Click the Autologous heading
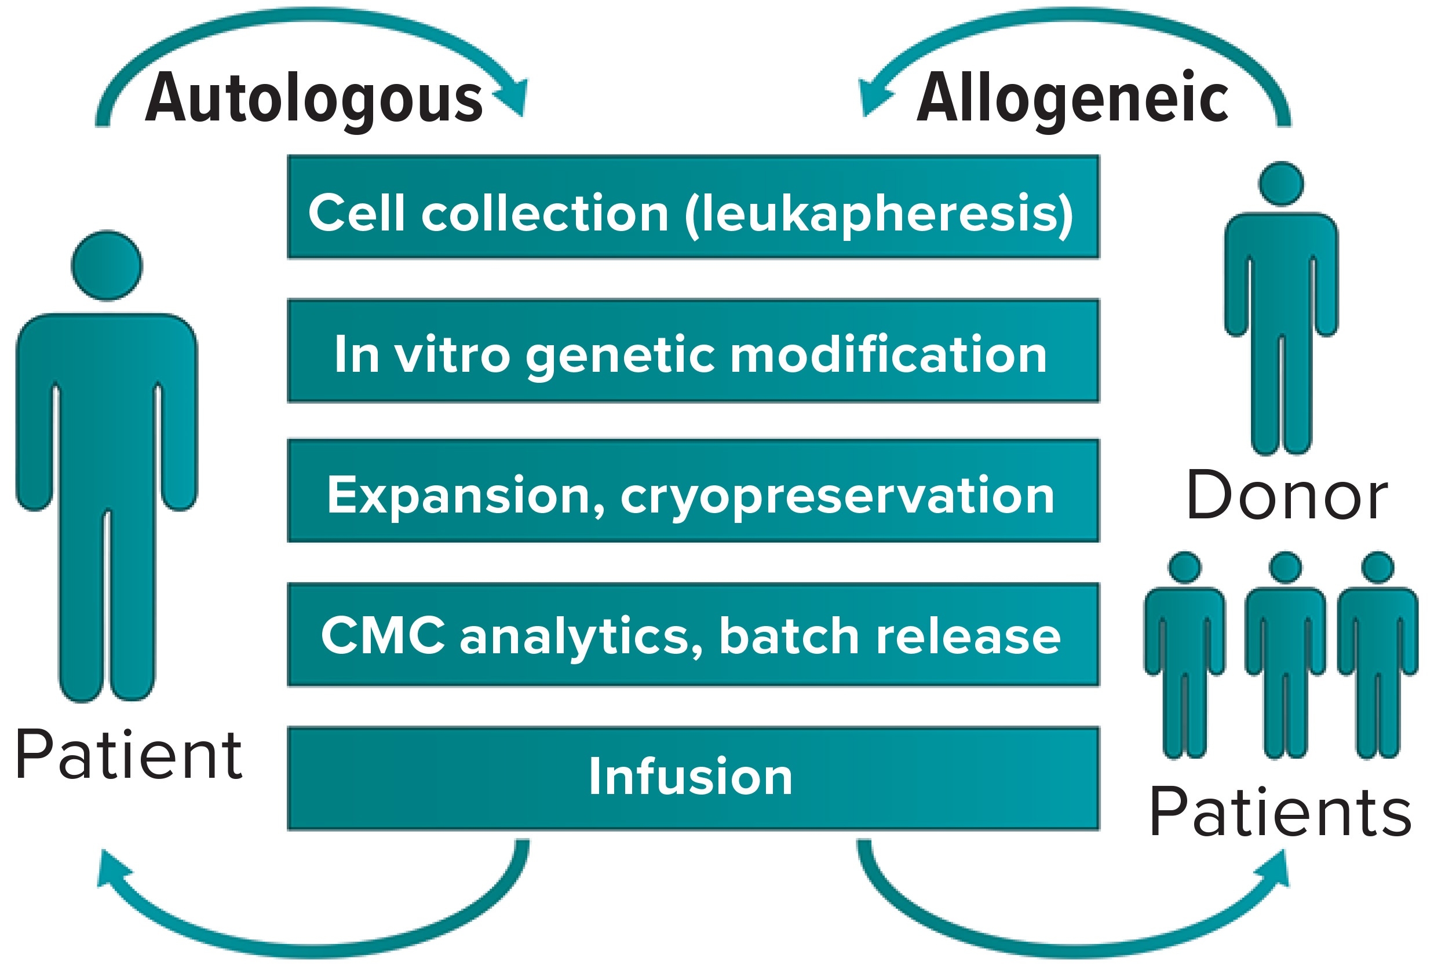(x=313, y=98)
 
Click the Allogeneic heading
(x=1073, y=98)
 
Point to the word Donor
(x=1287, y=495)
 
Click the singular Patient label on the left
(x=129, y=754)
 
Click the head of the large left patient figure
(x=107, y=265)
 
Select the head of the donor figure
(x=1281, y=184)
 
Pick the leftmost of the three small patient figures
(x=1184, y=653)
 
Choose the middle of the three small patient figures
(x=1286, y=653)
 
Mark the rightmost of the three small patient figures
(x=1378, y=653)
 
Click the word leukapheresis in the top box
(x=879, y=213)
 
